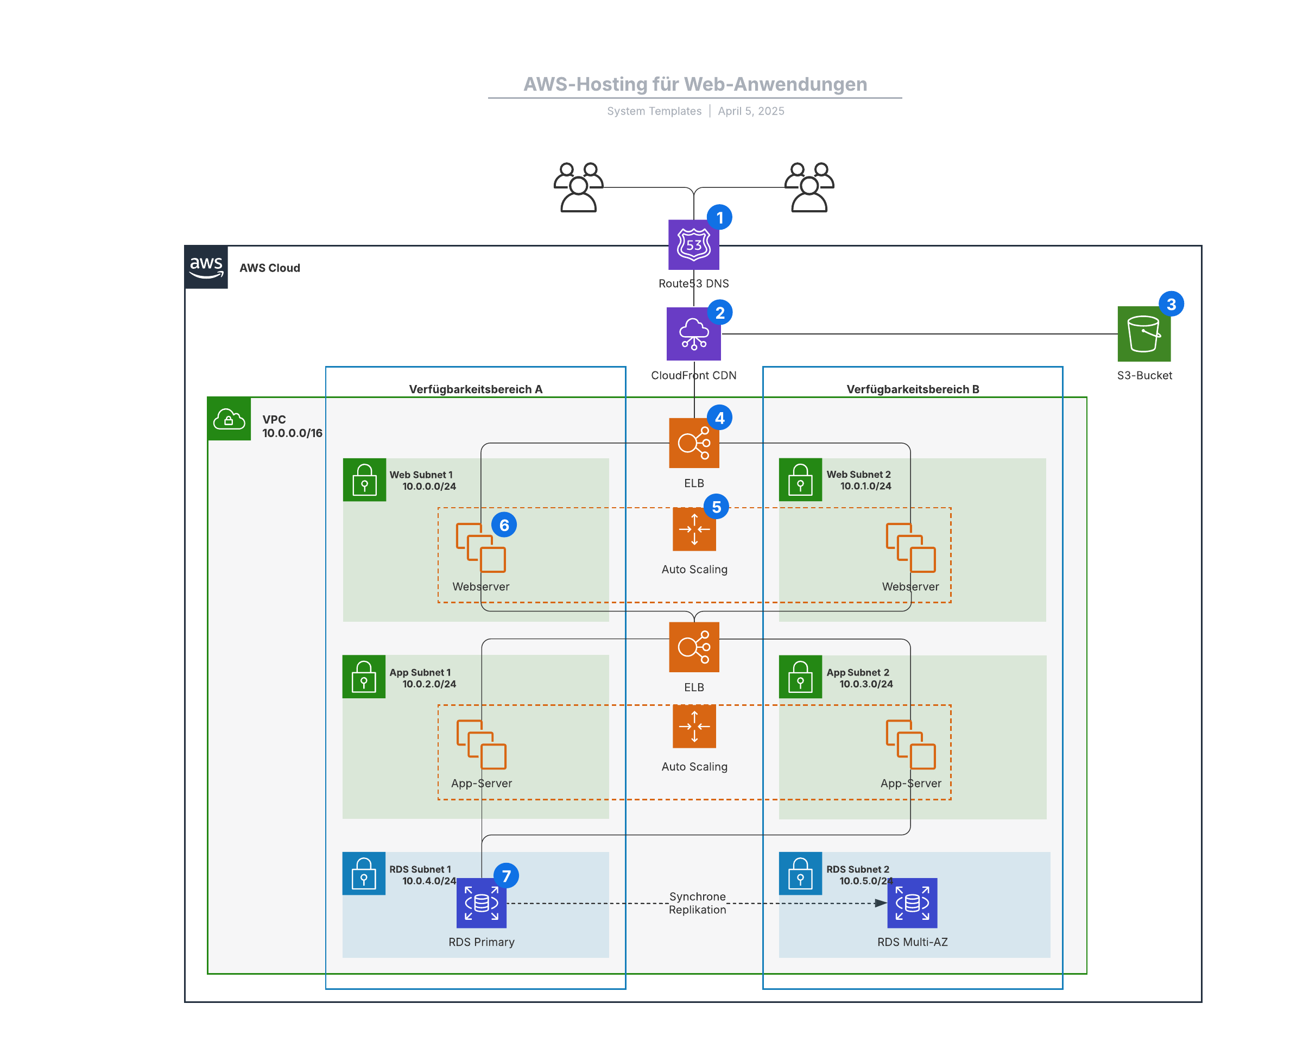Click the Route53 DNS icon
(693, 245)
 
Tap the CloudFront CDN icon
(693, 333)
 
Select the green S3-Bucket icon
(1143, 333)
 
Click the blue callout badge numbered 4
(719, 418)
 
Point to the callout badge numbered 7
(507, 875)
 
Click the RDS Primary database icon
(481, 903)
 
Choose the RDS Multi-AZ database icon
(912, 903)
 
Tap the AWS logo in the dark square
(206, 267)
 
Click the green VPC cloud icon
(229, 418)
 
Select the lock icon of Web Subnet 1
(364, 480)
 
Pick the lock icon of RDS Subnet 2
(800, 873)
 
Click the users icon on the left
(578, 187)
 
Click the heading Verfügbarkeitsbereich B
(913, 389)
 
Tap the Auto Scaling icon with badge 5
(694, 529)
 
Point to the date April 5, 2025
(751, 111)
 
